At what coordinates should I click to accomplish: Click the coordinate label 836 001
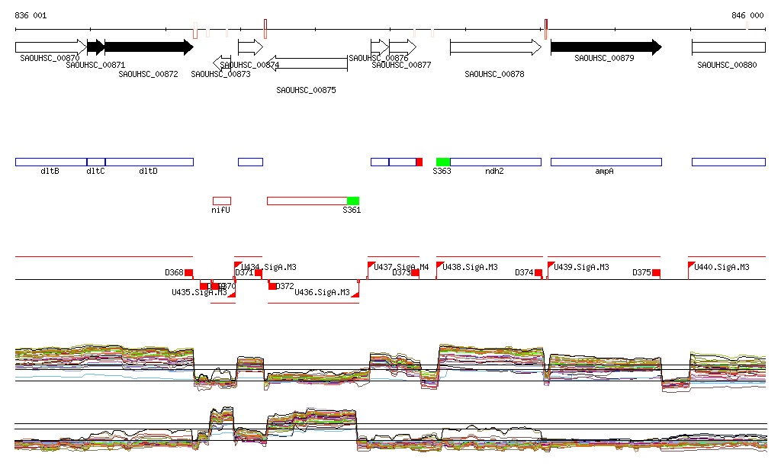pyautogui.click(x=31, y=15)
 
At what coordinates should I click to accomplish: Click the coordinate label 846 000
pyautogui.click(x=747, y=15)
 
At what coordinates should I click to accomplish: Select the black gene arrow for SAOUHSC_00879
pyautogui.click(x=606, y=47)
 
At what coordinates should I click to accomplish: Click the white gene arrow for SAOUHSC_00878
pyautogui.click(x=495, y=47)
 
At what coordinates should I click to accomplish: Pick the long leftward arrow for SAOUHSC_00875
pyautogui.click(x=307, y=63)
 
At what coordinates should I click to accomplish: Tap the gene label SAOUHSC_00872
pyautogui.click(x=148, y=74)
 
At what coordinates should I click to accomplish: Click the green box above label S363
pyautogui.click(x=443, y=162)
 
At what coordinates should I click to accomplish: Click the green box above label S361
pyautogui.click(x=353, y=201)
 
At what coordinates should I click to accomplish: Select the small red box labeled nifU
pyautogui.click(x=221, y=201)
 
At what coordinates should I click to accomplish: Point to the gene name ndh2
pyautogui.click(x=494, y=172)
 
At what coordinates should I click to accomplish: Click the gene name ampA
pyautogui.click(x=604, y=172)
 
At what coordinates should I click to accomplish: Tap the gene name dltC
pyautogui.click(x=95, y=172)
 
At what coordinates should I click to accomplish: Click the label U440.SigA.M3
pyautogui.click(x=722, y=268)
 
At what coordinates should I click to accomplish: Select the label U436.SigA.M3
pyautogui.click(x=322, y=293)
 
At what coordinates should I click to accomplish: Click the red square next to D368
pyautogui.click(x=189, y=272)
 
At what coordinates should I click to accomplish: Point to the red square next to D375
pyautogui.click(x=656, y=272)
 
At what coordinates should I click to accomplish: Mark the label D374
pyautogui.click(x=524, y=272)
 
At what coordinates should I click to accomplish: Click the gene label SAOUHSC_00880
pyautogui.click(x=727, y=66)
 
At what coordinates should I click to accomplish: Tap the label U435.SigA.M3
pyautogui.click(x=199, y=293)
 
